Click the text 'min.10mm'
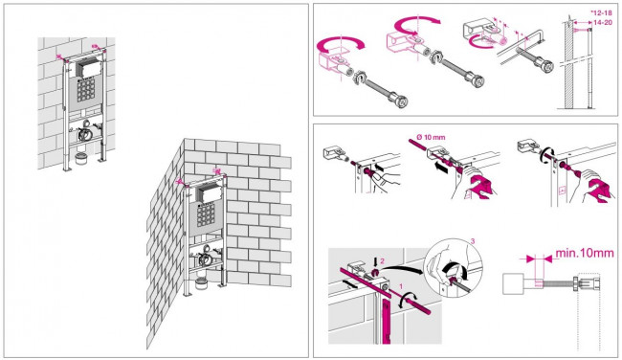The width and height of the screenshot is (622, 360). click(585, 253)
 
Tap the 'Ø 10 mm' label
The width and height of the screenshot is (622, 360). click(431, 137)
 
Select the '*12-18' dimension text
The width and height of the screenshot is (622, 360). click(601, 13)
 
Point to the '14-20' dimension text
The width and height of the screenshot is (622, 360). click(603, 23)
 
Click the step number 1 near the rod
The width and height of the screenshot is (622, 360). click(401, 286)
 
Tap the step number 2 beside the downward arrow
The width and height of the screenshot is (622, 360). click(383, 261)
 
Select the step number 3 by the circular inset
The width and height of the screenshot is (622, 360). click(472, 241)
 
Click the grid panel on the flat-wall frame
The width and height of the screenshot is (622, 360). click(86, 89)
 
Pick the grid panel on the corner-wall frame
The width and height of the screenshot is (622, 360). click(206, 215)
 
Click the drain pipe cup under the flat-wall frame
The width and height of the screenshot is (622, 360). click(81, 158)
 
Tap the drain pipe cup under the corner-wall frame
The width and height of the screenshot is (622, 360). click(202, 283)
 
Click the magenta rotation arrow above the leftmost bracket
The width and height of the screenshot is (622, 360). click(341, 44)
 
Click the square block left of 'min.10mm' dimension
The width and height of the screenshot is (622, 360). click(513, 283)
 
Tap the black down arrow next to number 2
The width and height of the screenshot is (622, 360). click(375, 261)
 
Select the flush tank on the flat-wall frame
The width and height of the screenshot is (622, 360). click(87, 68)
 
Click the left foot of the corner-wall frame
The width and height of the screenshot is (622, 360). click(187, 293)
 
